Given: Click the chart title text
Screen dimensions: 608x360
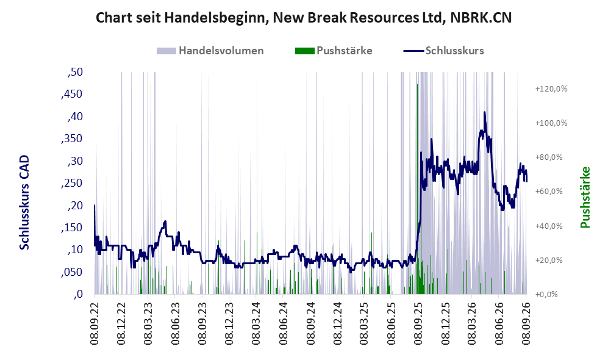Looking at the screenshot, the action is tap(304, 18).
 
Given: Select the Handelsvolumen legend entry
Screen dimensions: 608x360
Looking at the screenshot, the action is tap(210, 51).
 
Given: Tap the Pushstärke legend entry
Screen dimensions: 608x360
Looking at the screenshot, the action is tap(334, 51).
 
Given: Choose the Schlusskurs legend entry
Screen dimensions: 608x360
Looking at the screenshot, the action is tap(443, 51).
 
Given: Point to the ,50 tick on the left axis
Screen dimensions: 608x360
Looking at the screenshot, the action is tap(75, 72).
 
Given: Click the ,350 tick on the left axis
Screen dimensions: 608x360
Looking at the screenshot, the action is tap(72, 139).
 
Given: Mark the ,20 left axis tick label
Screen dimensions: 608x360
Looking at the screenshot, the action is tap(75, 206).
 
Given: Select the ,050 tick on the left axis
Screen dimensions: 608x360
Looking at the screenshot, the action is tap(72, 272).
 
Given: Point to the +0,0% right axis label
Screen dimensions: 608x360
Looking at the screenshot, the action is tap(546, 295).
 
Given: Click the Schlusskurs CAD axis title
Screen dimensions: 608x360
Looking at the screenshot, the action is tap(24, 203).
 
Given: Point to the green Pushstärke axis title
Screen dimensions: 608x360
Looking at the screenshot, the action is tap(585, 197).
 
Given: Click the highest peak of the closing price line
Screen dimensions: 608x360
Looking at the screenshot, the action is tap(484, 112).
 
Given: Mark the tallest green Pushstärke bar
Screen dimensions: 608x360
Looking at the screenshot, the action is tap(417, 189).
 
